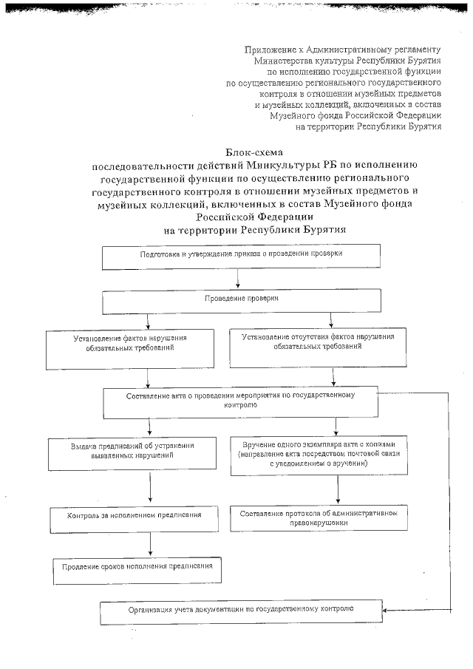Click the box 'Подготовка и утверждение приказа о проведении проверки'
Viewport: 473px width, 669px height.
(x=241, y=255)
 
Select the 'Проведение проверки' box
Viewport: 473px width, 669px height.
(x=241, y=301)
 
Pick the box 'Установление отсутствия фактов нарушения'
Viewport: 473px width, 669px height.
(x=318, y=347)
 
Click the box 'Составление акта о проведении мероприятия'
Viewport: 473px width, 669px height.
(x=241, y=401)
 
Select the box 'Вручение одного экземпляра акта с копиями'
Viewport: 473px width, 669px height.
(x=318, y=453)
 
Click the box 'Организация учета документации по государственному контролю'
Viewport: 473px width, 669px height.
(x=241, y=611)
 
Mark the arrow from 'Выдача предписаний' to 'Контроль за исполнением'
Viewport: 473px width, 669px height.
(x=151, y=488)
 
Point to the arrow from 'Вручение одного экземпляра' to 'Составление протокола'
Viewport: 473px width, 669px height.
(x=338, y=489)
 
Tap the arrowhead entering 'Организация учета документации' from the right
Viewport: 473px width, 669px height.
(x=387, y=611)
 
